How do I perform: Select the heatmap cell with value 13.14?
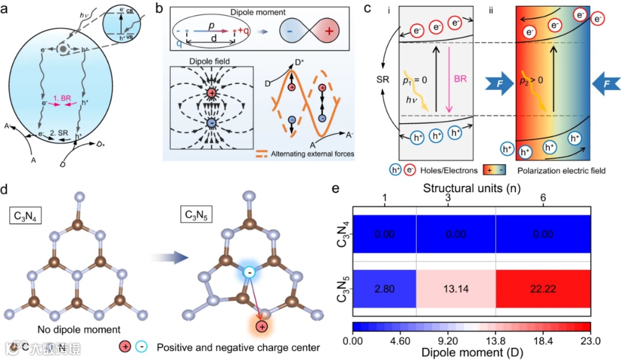[x=456, y=289]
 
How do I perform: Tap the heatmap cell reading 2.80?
[x=384, y=289]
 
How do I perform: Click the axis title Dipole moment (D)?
[x=470, y=351]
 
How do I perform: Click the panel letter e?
[x=340, y=190]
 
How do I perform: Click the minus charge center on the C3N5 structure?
[x=248, y=273]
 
